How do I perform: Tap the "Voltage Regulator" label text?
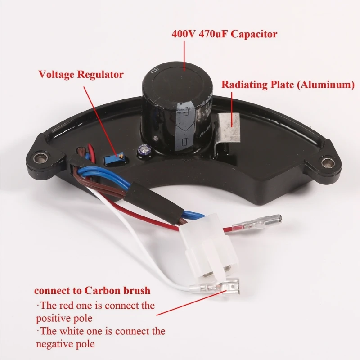81,75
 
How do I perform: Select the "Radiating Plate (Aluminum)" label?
288,85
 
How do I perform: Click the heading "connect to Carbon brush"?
92,290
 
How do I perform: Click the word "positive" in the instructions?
53,319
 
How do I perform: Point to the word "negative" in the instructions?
54,344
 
